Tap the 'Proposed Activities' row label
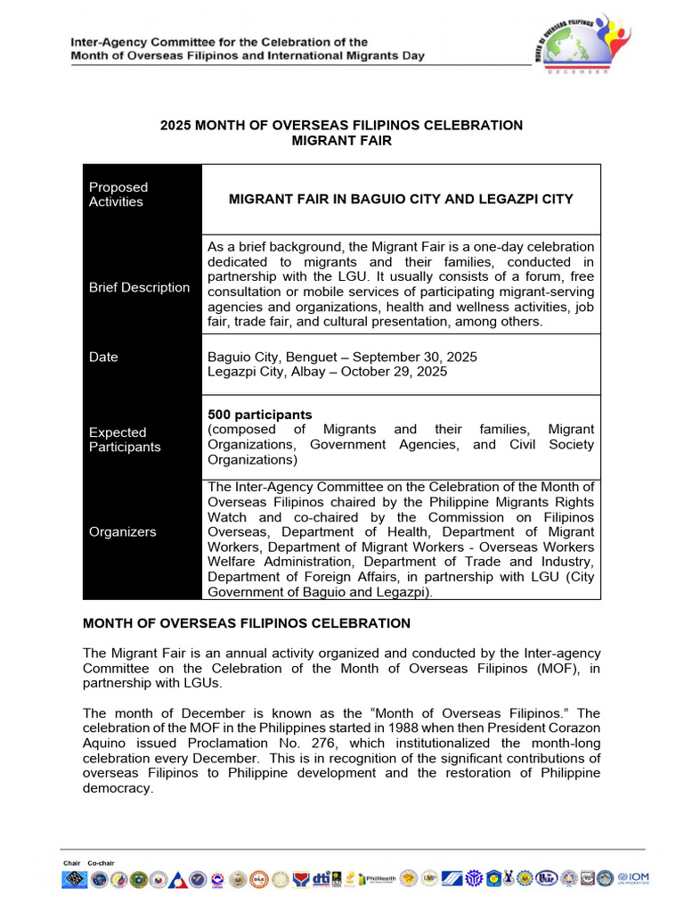pos(118,194)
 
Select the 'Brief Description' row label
pos(139,287)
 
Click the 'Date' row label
pos(103,357)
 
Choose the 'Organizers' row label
pos(122,531)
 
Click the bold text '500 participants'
pos(260,415)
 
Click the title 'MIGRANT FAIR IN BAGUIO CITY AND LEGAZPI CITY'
pos(401,199)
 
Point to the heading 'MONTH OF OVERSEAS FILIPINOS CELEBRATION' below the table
pos(247,623)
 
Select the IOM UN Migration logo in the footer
pos(633,878)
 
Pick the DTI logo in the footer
pos(322,878)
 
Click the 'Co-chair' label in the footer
pos(101,863)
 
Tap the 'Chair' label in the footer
pos(72,863)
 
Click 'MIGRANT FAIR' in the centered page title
pos(342,141)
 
